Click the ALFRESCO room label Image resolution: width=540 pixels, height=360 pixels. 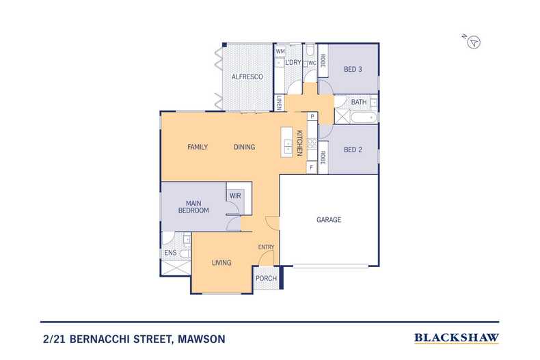click(247, 77)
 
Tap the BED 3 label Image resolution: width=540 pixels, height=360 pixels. click(353, 70)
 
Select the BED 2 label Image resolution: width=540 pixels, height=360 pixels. click(353, 150)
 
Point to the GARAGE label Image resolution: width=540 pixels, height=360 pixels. click(328, 220)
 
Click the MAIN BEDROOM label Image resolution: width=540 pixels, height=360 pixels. click(193, 206)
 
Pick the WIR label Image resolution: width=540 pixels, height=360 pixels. click(235, 196)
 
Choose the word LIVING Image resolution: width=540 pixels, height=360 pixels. click(221, 262)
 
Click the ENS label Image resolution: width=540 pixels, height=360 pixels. click(170, 253)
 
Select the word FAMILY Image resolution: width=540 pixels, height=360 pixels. click(198, 147)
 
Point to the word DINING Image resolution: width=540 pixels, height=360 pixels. click(244, 147)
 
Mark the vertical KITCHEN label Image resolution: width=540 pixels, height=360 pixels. click(299, 142)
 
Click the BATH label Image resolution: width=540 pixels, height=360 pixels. click(359, 102)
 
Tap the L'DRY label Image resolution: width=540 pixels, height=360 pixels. click(293, 63)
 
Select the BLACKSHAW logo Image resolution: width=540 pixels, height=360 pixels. click(457, 337)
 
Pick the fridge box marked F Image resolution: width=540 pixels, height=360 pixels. click(312, 167)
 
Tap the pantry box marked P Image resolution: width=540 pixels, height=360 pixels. click(312, 117)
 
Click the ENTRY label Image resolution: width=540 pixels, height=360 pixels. click(266, 247)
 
